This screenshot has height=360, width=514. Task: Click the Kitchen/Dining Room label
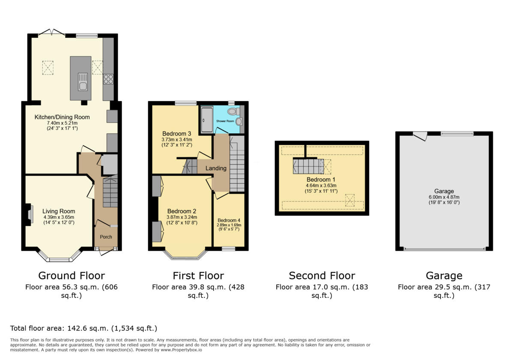(63, 117)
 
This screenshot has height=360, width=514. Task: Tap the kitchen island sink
(82, 81)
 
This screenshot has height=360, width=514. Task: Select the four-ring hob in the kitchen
(108, 79)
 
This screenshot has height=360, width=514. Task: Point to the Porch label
(106, 237)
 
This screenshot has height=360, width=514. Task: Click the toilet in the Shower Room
(233, 111)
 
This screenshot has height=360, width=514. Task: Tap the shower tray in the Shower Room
(206, 120)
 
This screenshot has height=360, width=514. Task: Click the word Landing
(216, 168)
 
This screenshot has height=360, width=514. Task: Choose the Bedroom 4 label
(229, 220)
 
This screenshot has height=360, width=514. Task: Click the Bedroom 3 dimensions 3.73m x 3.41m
(177, 139)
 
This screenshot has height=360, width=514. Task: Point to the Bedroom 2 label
(182, 211)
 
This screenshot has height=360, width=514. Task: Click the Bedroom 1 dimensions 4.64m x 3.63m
(322, 185)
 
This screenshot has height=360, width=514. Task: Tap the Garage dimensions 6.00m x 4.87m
(444, 197)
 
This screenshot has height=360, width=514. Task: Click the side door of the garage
(421, 135)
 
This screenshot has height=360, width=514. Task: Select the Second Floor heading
(322, 276)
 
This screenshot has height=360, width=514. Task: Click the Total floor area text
(84, 329)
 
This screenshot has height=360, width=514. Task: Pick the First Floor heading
(198, 276)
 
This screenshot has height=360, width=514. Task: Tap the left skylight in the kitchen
(48, 67)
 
